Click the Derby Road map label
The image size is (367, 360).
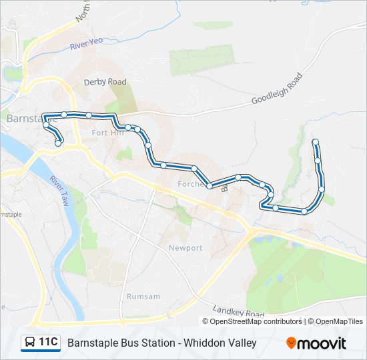[105, 82]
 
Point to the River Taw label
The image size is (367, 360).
[59, 191]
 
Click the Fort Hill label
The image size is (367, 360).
[108, 133]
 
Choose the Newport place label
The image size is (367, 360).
[186, 248]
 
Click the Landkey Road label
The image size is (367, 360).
[238, 311]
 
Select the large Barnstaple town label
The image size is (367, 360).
[24, 117]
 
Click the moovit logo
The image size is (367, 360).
[316, 343]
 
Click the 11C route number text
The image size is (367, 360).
[48, 343]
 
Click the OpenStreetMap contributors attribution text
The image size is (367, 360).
[253, 321]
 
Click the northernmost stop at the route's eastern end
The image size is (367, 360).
[315, 141]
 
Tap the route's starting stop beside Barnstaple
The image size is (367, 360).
[58, 143]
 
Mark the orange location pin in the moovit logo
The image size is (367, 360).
[292, 343]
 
